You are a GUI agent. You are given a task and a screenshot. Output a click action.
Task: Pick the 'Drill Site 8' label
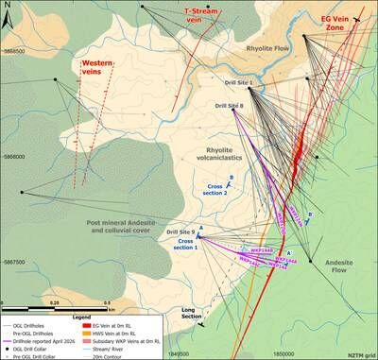click(x=228, y=106)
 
